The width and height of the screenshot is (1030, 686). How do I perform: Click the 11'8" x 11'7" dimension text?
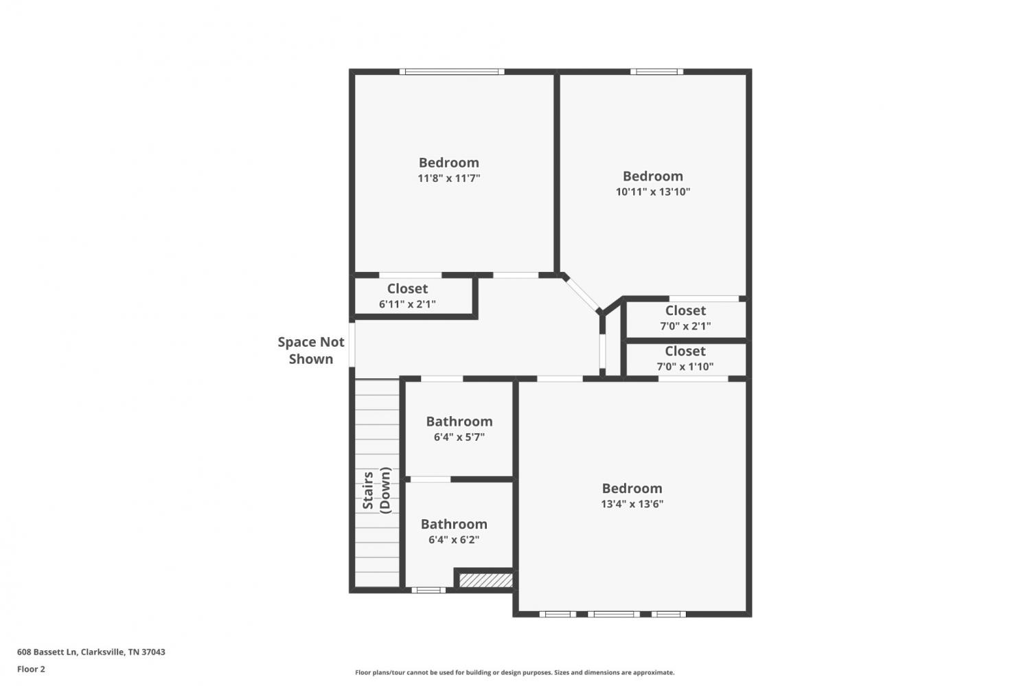pos(449,179)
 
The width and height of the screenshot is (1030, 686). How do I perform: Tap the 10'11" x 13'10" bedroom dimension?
pos(653,192)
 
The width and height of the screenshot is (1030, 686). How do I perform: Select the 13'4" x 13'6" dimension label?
pos(632,503)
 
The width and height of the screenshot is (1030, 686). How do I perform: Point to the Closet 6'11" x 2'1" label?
pos(407,296)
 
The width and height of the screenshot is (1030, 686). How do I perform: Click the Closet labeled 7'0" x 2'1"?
pos(685,318)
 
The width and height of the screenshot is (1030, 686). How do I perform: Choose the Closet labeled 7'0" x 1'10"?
pos(685,358)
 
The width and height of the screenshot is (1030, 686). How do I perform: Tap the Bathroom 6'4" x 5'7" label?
pos(459,428)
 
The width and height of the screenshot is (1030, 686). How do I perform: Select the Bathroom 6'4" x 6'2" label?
pos(455,531)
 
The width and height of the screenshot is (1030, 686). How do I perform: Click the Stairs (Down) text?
pos(376,490)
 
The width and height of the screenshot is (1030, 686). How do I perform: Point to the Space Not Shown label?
pos(311,350)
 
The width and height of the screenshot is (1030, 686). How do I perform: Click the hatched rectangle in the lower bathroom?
pos(486,580)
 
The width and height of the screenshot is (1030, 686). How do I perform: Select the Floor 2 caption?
pos(32,669)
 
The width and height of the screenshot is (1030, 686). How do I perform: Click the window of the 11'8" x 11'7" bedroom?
pos(452,71)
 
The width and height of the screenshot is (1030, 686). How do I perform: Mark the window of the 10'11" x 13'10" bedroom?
pos(656,71)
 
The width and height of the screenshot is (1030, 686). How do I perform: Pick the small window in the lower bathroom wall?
pos(428,591)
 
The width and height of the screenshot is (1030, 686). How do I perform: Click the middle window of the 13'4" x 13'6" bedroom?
pos(614,615)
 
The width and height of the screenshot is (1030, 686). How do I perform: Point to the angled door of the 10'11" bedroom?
pos(582,295)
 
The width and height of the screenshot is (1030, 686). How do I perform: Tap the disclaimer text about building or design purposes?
pos(514,673)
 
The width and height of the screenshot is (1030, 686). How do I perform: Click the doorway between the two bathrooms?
pos(431,479)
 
